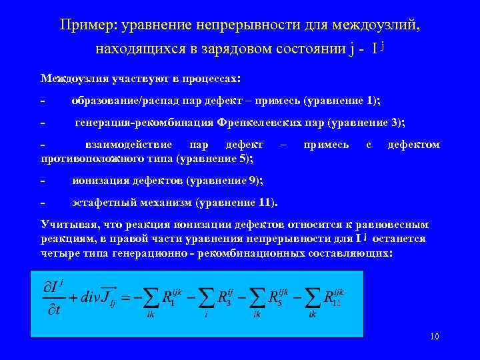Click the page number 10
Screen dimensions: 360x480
434,337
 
